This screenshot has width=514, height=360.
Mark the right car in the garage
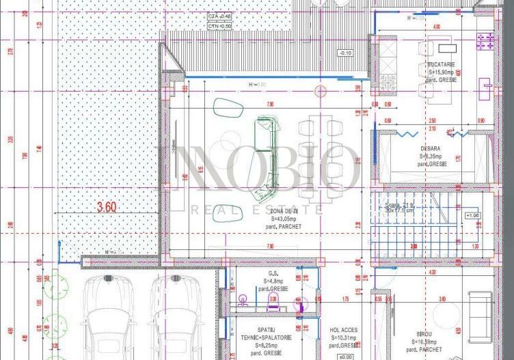176,318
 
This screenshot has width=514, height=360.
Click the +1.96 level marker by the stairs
472,215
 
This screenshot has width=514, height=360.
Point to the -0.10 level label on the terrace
344,53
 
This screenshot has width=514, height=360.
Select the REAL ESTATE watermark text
257,209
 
